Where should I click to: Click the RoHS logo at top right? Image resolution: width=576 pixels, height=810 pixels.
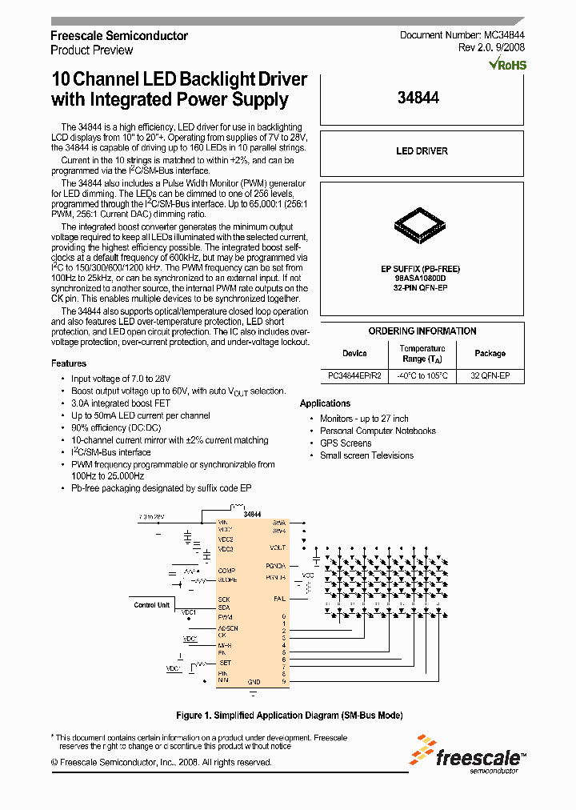(x=509, y=64)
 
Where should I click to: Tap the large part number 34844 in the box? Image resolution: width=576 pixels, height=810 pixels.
(x=418, y=98)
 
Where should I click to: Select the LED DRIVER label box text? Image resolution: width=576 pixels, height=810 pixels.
(x=422, y=150)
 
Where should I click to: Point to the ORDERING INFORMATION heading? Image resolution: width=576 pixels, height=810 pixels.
(x=422, y=331)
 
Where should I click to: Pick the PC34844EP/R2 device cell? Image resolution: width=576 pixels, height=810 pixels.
(x=354, y=375)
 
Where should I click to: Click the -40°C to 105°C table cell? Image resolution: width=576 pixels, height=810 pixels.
(x=422, y=375)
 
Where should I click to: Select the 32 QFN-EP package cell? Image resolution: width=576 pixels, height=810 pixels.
(x=490, y=375)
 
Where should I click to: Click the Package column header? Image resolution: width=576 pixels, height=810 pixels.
(x=490, y=353)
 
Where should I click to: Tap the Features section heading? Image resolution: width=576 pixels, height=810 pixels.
(x=69, y=363)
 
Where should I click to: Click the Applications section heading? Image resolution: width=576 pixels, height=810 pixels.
(x=325, y=403)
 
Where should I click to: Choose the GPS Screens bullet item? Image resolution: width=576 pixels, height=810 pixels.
(x=346, y=443)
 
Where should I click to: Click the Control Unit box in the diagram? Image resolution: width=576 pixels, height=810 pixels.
(x=151, y=605)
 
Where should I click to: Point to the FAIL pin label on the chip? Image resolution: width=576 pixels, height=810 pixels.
(x=278, y=598)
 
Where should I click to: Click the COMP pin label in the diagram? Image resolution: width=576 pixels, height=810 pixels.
(x=226, y=570)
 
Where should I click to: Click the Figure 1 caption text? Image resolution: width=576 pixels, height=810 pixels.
(x=289, y=715)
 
